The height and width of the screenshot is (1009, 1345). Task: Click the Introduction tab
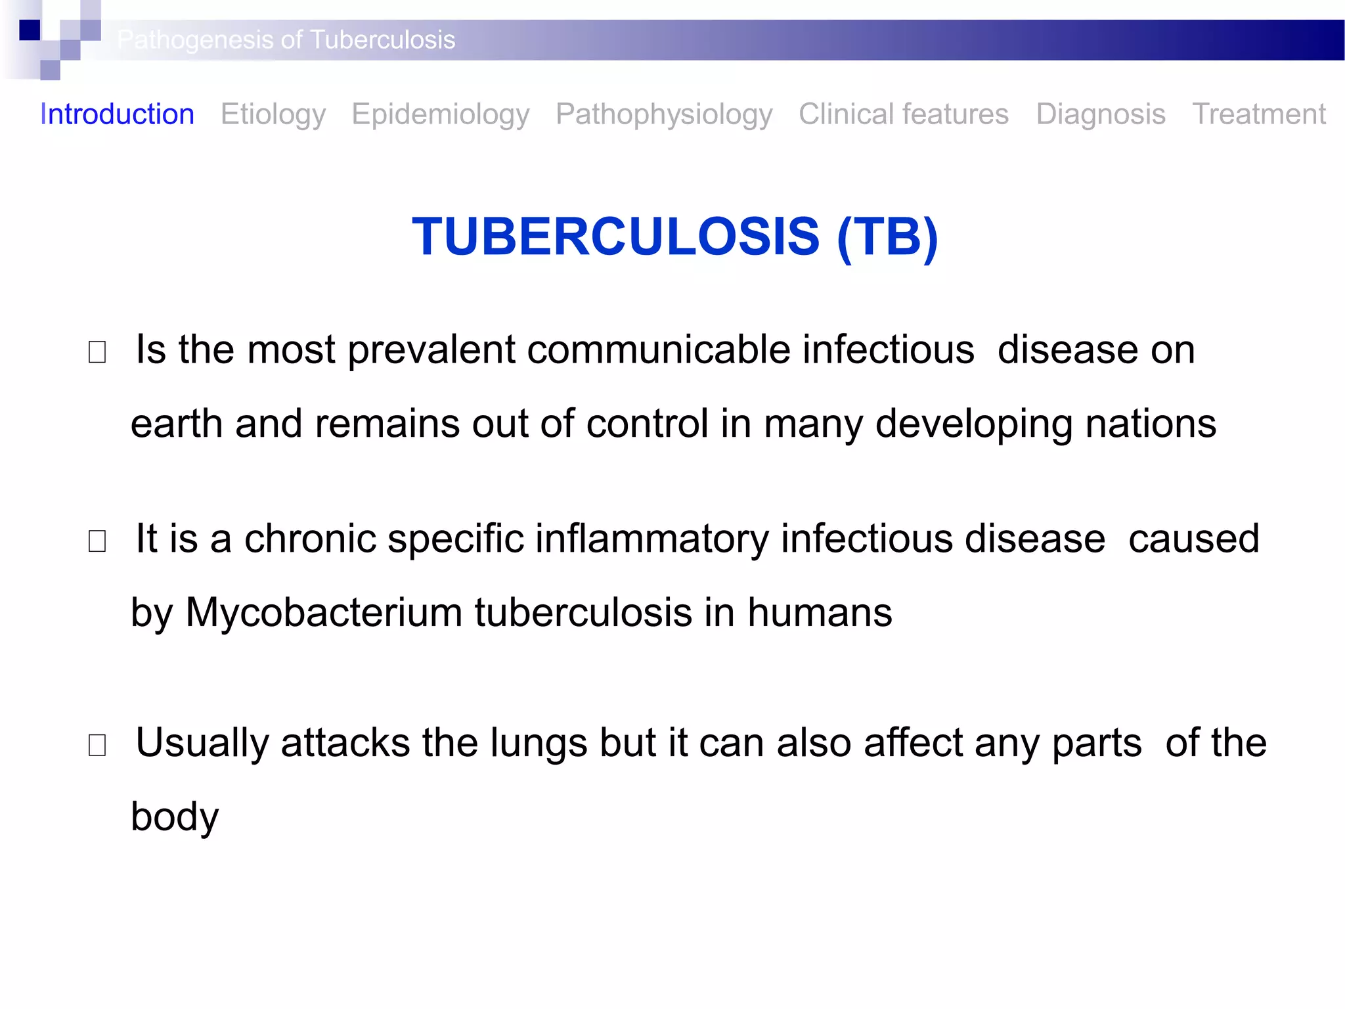117,114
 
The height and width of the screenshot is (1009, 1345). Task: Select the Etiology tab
273,114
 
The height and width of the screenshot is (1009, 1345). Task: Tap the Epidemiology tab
441,114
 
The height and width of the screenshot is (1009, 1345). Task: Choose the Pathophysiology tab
664,114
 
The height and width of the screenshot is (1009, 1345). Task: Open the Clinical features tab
904,114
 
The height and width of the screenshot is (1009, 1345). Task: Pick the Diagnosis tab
1101,114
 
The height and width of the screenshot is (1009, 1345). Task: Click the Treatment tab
1259,114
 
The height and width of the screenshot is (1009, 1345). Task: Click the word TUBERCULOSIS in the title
615,236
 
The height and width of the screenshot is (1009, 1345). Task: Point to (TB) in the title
887,236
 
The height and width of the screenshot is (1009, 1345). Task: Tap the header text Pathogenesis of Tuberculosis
286,40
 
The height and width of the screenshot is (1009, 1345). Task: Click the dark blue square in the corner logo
30,30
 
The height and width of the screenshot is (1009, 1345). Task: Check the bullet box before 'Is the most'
97,352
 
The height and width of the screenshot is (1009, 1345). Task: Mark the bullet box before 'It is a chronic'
97,541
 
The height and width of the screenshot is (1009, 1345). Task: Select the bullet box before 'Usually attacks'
97,745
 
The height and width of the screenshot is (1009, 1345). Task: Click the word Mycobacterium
324,612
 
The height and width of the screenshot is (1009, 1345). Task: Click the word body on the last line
175,817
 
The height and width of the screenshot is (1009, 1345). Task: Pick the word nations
1151,424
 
